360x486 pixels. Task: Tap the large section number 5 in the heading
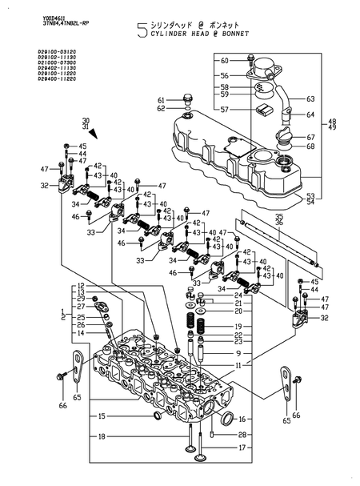[142, 31]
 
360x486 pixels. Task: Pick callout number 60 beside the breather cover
[224, 61]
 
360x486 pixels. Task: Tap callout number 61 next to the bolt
[162, 99]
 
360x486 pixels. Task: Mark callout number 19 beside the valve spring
[238, 327]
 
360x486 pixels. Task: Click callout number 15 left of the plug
[102, 416]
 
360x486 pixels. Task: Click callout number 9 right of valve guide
[238, 353]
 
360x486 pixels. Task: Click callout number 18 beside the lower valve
[102, 436]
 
